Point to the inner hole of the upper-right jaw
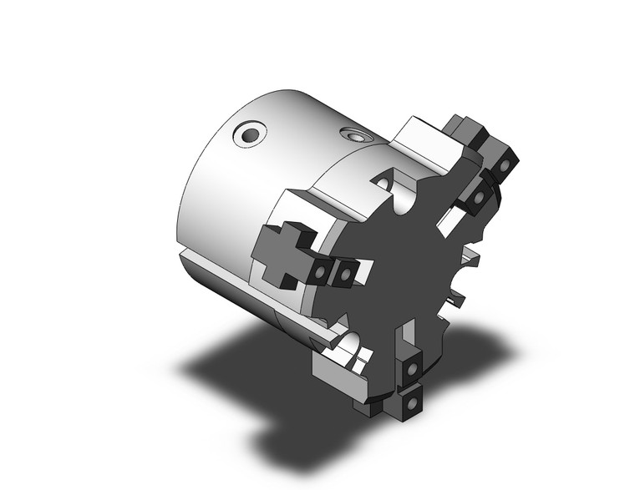(479, 197)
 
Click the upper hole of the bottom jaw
(412, 368)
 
